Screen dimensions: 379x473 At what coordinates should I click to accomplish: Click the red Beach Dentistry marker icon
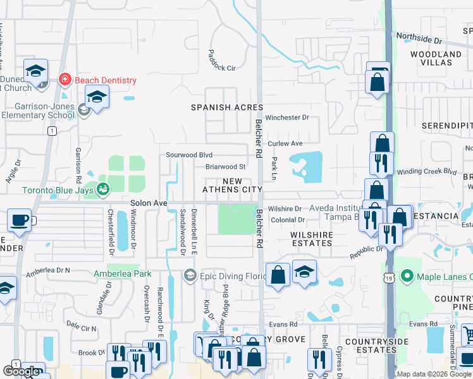click(x=64, y=80)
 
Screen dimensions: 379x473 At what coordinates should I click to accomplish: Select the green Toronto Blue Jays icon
click(x=102, y=189)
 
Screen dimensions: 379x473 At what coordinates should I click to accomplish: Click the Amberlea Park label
click(x=123, y=274)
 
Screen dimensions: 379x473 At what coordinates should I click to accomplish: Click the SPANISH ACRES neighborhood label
click(x=226, y=107)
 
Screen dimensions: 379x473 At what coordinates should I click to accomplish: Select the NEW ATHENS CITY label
click(x=232, y=185)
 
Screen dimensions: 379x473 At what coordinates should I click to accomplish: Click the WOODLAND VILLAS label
click(x=436, y=59)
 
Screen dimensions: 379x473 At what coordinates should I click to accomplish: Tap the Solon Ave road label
click(x=149, y=203)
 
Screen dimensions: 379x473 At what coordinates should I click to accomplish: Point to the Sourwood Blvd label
click(x=188, y=155)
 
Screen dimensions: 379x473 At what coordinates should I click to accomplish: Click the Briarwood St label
click(x=225, y=167)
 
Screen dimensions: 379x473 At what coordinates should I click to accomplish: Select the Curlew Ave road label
click(x=285, y=144)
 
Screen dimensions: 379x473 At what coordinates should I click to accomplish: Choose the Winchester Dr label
click(x=287, y=117)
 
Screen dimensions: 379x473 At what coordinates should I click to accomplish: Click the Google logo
click(x=21, y=371)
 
